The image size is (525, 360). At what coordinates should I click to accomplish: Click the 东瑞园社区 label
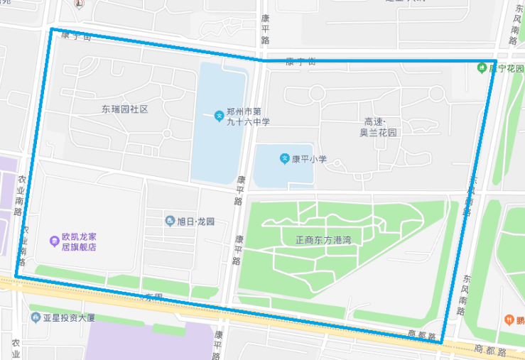[124, 109]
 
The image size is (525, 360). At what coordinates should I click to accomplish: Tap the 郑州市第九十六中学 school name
[248, 116]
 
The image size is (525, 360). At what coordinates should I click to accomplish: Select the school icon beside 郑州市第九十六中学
[219, 115]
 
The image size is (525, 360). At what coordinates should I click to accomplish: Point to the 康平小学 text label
[309, 159]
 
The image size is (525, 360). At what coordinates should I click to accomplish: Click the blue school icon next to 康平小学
[284, 158]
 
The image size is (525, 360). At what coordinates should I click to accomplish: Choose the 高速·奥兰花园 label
[378, 127]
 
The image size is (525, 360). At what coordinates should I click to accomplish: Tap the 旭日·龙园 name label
[195, 222]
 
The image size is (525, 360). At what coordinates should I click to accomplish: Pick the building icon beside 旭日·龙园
[170, 222]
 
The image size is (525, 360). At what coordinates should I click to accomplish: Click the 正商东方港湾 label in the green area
[323, 240]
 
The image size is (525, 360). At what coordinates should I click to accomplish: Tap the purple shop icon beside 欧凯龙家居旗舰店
[54, 241]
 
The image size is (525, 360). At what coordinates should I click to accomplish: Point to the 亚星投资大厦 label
[68, 317]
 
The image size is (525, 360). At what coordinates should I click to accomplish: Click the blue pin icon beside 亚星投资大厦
[36, 317]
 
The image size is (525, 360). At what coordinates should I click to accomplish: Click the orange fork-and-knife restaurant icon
[509, 320]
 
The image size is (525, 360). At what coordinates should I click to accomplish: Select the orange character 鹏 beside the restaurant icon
[521, 320]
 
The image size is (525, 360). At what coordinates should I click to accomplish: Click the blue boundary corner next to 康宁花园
[495, 61]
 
